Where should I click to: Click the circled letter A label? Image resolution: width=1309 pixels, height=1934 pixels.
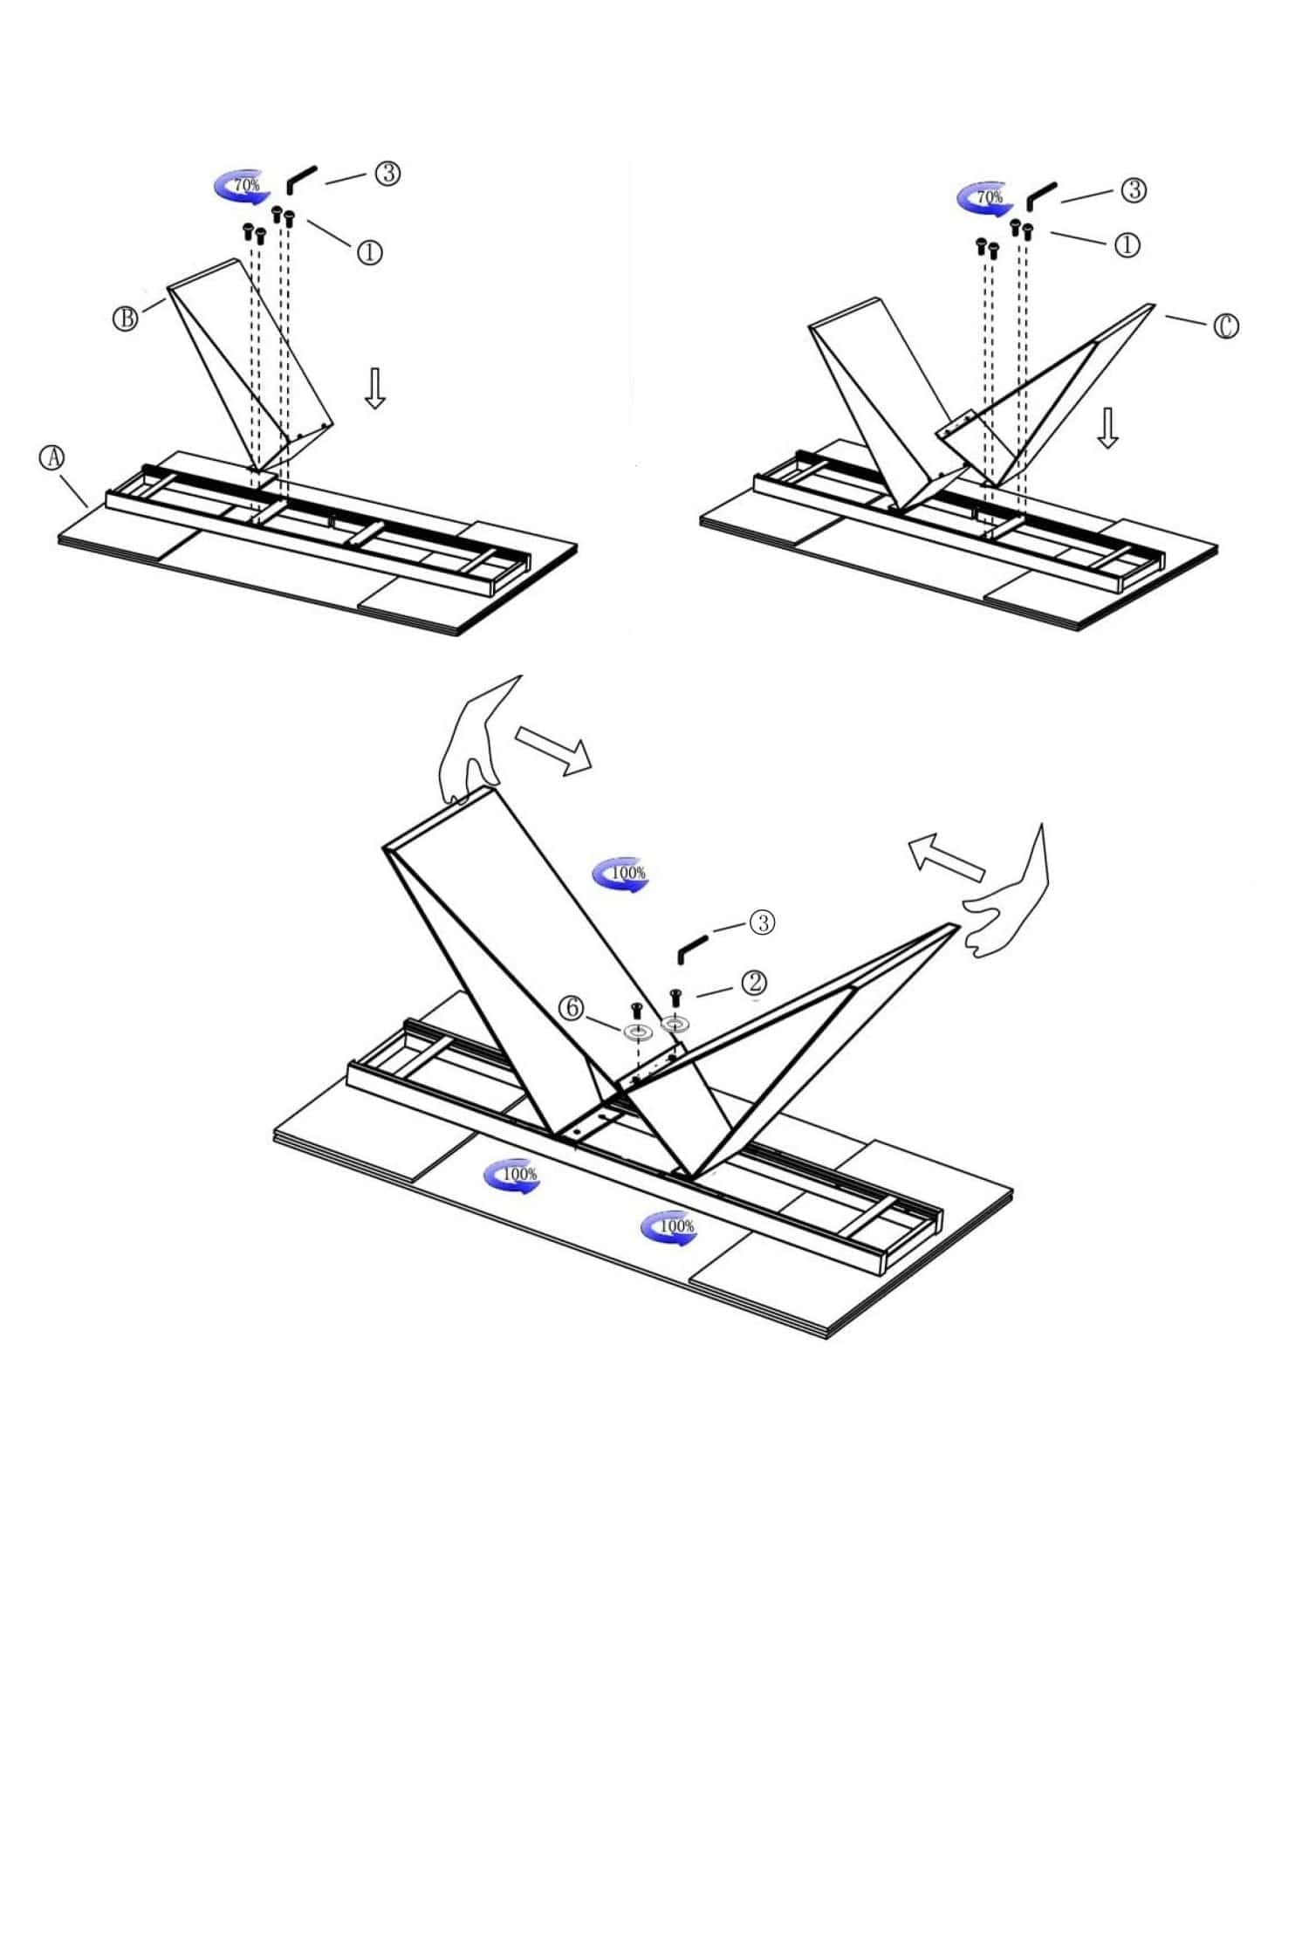click(53, 457)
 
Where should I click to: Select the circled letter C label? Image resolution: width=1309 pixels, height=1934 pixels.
click(1225, 326)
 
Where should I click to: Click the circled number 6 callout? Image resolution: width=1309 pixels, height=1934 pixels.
click(571, 1009)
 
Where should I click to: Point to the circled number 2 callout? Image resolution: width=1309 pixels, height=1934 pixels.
click(753, 983)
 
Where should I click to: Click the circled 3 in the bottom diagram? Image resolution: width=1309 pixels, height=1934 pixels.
click(762, 922)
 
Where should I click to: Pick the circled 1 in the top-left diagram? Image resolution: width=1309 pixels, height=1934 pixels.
click(369, 252)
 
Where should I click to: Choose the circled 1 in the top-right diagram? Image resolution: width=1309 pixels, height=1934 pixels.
click(1127, 245)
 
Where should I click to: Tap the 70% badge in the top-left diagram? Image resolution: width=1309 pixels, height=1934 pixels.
click(240, 186)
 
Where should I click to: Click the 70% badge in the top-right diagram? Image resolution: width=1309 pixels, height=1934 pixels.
click(983, 198)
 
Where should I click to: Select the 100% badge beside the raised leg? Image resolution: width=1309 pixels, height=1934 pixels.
click(620, 874)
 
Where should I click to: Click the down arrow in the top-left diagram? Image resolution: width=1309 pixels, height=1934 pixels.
click(375, 388)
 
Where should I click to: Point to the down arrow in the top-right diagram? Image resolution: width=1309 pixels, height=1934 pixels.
click(1107, 428)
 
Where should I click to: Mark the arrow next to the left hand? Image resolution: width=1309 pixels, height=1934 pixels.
click(553, 750)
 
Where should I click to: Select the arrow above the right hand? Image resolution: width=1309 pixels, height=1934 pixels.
click(946, 855)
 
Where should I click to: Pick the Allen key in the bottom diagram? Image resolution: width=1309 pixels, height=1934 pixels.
click(694, 947)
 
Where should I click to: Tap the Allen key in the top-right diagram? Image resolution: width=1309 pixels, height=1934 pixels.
click(1041, 196)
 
